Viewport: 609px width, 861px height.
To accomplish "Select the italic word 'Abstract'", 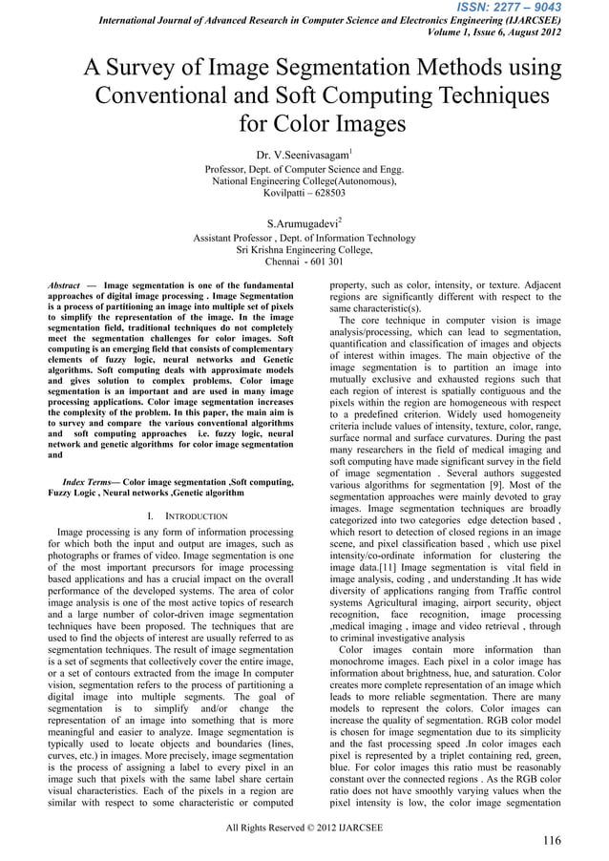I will click(64, 285).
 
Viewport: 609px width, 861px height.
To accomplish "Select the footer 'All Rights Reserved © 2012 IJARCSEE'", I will click(304, 827).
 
